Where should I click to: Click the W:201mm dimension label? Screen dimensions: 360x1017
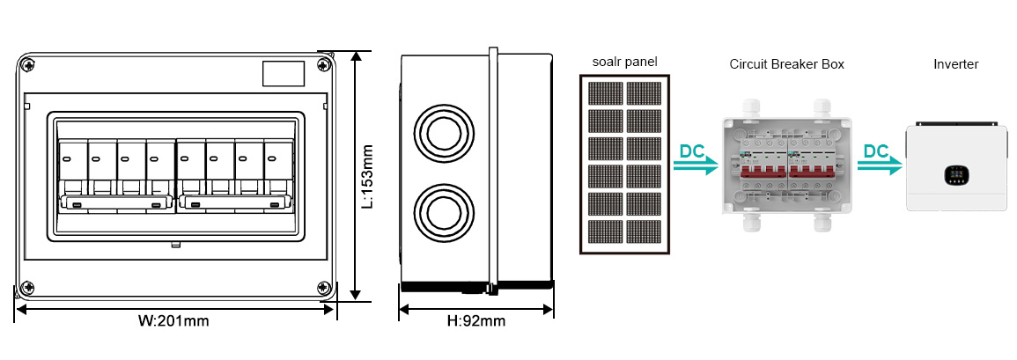point(173,321)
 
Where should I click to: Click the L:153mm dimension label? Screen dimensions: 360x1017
point(369,176)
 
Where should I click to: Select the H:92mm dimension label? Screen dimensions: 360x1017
point(476,321)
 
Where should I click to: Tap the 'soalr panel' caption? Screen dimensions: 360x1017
point(624,62)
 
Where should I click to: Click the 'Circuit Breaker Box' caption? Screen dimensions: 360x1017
point(786,64)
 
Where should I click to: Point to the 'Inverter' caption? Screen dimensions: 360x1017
point(955,64)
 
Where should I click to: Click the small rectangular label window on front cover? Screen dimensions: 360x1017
point(284,74)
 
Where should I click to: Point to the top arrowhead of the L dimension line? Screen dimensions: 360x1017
point(356,56)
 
